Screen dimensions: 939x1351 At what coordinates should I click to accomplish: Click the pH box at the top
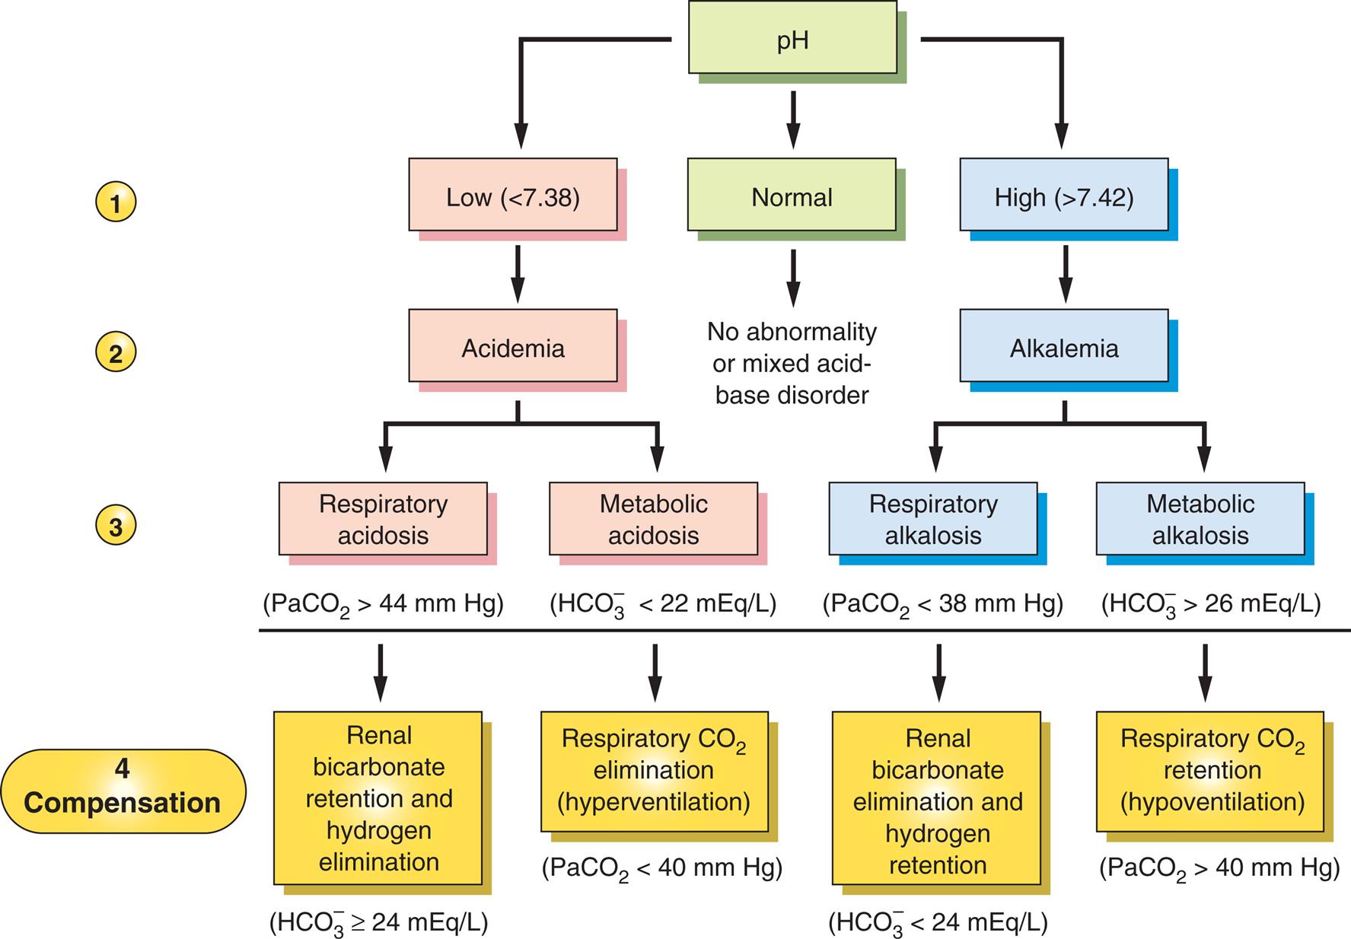tap(792, 38)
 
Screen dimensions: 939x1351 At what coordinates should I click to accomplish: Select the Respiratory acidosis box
tap(383, 518)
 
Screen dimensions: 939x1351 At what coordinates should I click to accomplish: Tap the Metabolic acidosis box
tap(653, 518)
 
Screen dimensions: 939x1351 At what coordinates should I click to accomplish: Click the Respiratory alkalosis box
tap(932, 518)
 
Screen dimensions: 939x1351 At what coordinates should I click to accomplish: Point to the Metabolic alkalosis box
tap(1200, 518)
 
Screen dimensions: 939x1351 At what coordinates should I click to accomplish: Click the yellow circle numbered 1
tap(116, 202)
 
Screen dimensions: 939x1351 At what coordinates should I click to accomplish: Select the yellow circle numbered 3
tap(116, 526)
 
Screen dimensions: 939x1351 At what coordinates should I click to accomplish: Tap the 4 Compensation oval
tap(123, 791)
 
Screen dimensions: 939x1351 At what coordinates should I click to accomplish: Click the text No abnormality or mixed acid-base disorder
tap(792, 363)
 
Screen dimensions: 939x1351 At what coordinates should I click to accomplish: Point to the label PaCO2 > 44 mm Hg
tap(383, 604)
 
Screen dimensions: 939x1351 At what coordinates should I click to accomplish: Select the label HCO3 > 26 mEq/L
tap(1210, 604)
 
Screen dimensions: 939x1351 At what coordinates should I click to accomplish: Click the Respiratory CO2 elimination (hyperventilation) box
tap(653, 770)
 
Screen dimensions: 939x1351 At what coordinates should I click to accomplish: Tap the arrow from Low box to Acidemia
tap(518, 273)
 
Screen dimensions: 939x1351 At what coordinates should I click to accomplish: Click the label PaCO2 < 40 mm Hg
tap(661, 868)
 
